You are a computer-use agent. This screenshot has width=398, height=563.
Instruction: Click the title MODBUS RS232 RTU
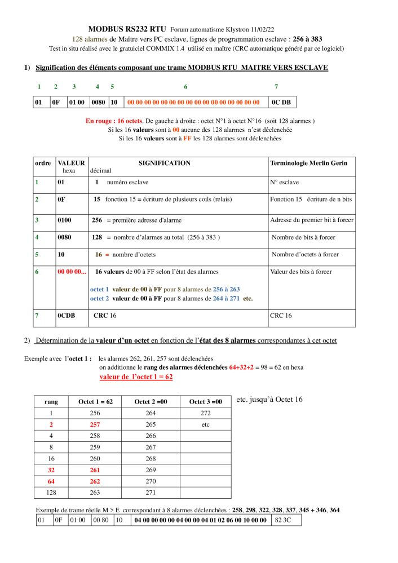pyautogui.click(x=127, y=29)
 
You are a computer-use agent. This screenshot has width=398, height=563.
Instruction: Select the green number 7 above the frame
pyautogui.click(x=276, y=87)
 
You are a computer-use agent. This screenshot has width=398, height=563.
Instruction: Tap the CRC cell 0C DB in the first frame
pyautogui.click(x=281, y=103)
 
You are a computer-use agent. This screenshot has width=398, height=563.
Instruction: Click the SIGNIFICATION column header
pyautogui.click(x=165, y=163)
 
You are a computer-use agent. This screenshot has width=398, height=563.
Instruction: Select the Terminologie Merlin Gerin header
pyautogui.click(x=308, y=163)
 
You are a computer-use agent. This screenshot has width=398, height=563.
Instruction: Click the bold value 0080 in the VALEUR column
pyautogui.click(x=64, y=237)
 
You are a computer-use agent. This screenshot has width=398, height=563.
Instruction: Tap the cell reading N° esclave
pyautogui.click(x=285, y=183)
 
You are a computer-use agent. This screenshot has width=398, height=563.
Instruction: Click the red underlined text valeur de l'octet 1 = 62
pyautogui.click(x=136, y=376)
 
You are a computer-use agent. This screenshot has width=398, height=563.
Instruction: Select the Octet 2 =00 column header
pyautogui.click(x=151, y=402)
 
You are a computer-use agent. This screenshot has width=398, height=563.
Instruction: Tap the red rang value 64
pyautogui.click(x=51, y=482)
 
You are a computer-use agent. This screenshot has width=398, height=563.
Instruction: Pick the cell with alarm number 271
pyautogui.click(x=151, y=493)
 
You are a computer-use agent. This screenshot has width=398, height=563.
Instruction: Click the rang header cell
pyautogui.click(x=51, y=402)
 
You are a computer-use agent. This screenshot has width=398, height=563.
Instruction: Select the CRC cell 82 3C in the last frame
pyautogui.click(x=284, y=520)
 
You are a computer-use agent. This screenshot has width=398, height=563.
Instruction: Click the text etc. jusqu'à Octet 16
pyautogui.click(x=269, y=400)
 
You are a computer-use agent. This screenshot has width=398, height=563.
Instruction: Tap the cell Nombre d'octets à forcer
pyautogui.click(x=306, y=255)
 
